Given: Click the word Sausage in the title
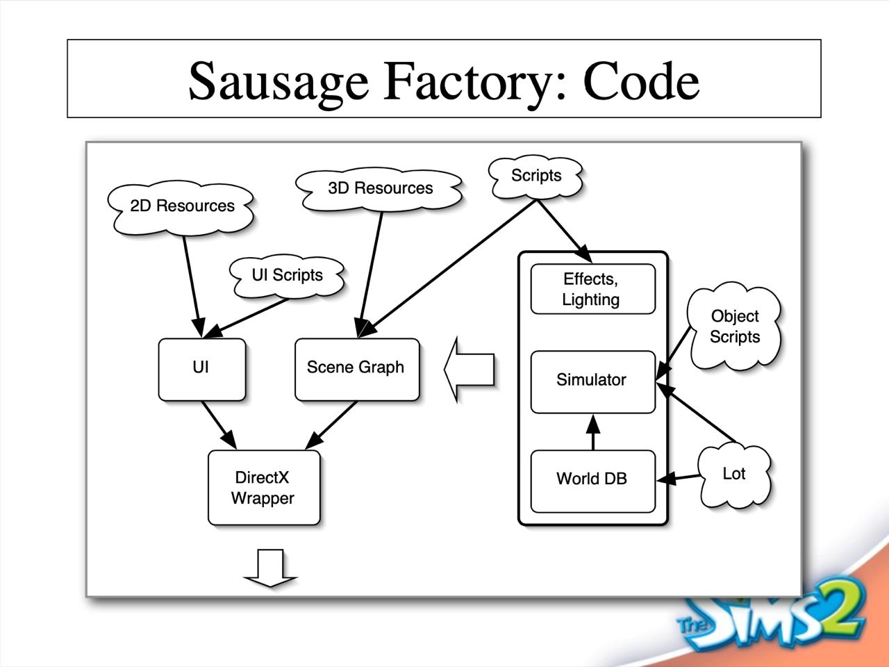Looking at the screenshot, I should tap(278, 81).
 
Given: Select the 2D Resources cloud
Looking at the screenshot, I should tap(182, 206).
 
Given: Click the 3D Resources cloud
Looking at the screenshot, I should tap(380, 188).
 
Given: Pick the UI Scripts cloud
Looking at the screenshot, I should tap(287, 275).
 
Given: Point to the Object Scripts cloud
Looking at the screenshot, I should tap(735, 327).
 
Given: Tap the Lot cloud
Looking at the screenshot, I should tap(733, 475).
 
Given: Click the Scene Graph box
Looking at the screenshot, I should tap(356, 368).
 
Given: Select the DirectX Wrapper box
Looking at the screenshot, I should tap(263, 488).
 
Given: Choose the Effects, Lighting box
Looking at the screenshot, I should tap(592, 289).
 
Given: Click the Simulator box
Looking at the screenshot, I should tap(592, 381).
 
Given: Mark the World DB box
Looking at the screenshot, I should tap(592, 479).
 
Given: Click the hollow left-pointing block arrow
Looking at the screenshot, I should tap(470, 369).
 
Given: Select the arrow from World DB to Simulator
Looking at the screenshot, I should tap(593, 432).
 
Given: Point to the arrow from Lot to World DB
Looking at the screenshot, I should tap(679, 477).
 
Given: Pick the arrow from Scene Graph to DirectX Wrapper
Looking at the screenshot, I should tap(332, 425).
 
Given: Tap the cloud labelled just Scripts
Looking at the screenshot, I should tap(536, 176).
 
